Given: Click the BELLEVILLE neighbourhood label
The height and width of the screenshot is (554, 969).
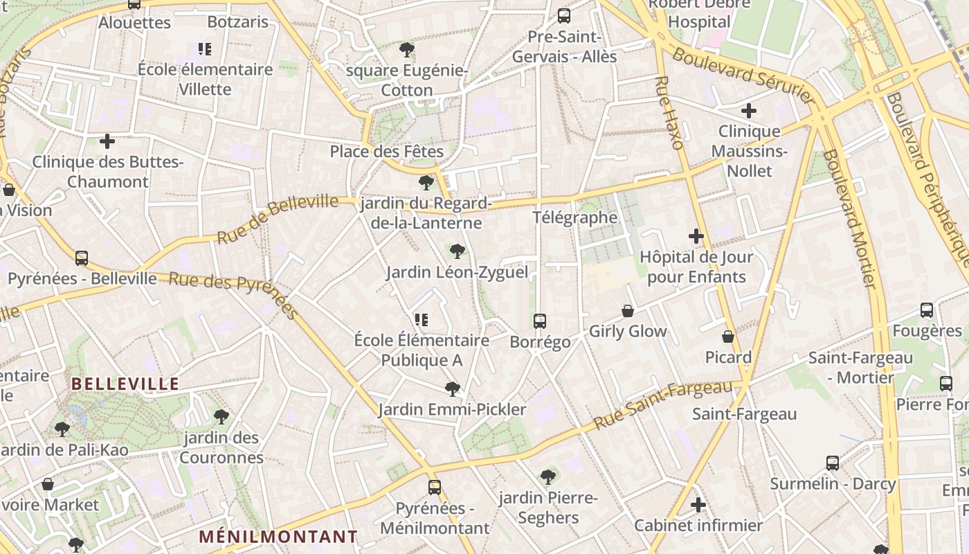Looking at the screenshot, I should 125,384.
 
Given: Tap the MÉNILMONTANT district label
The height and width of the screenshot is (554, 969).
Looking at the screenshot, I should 278,537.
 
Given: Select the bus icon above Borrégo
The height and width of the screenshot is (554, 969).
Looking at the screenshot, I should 540,321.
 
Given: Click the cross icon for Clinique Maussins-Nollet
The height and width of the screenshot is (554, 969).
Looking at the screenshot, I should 749,111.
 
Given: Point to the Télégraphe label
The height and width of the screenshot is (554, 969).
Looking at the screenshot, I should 574,217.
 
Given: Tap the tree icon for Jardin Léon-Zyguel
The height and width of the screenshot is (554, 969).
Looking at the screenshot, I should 457,251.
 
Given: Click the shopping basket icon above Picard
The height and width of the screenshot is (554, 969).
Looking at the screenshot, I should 728,337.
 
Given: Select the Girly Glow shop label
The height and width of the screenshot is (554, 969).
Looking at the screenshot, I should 628,332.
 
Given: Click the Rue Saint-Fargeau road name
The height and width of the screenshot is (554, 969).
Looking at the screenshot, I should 662,404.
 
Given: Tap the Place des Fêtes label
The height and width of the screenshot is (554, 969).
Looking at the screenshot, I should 386,151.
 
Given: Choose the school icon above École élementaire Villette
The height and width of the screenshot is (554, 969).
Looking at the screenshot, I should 205,49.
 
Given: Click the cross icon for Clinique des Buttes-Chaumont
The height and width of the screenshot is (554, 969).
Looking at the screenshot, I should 107,142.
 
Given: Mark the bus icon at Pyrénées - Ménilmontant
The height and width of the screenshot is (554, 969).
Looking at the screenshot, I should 434,488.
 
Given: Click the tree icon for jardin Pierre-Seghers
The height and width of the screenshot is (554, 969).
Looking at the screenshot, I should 548,477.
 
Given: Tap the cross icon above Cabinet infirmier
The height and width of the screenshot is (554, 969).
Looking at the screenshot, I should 698,505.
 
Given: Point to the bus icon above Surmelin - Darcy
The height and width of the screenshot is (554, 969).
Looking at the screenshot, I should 833,463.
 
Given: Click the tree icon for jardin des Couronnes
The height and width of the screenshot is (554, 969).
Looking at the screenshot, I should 221,417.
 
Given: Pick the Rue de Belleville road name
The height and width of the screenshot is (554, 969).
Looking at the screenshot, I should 278,219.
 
